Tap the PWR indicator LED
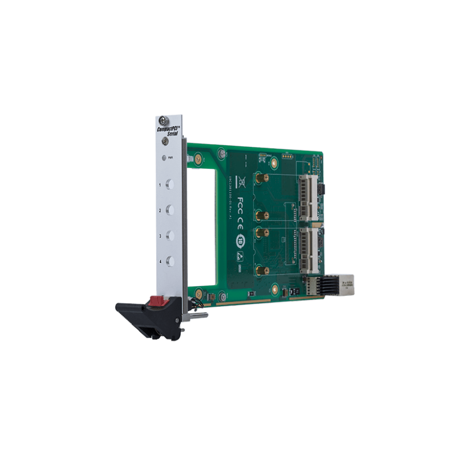165,157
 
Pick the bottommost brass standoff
260,271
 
